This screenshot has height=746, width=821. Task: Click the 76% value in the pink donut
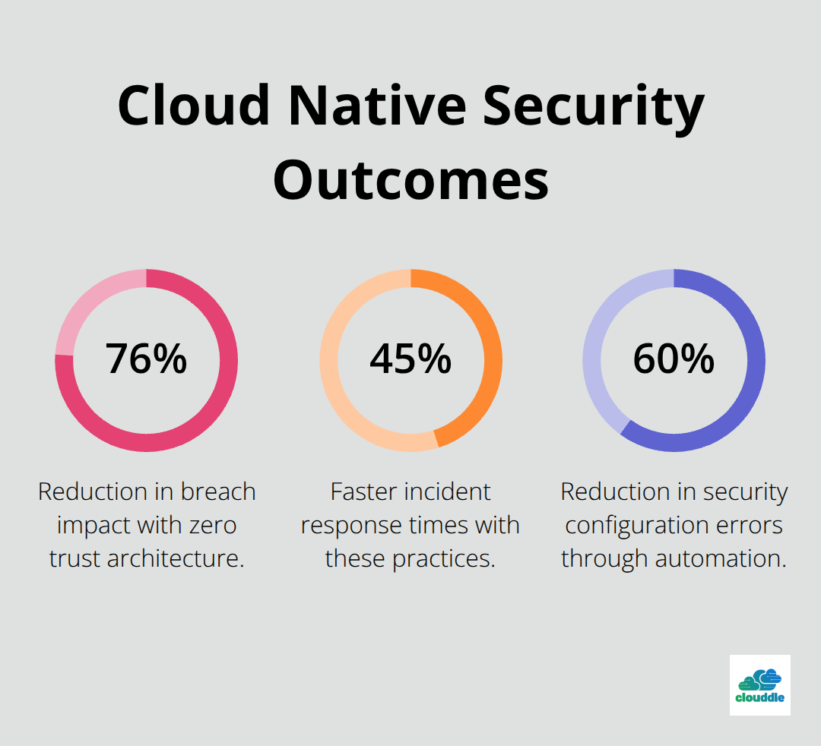coord(146,359)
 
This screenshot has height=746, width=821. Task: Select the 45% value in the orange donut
coord(410,359)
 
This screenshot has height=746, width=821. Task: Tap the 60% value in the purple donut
coord(674,359)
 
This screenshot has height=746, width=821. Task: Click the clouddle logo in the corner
coord(759,684)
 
